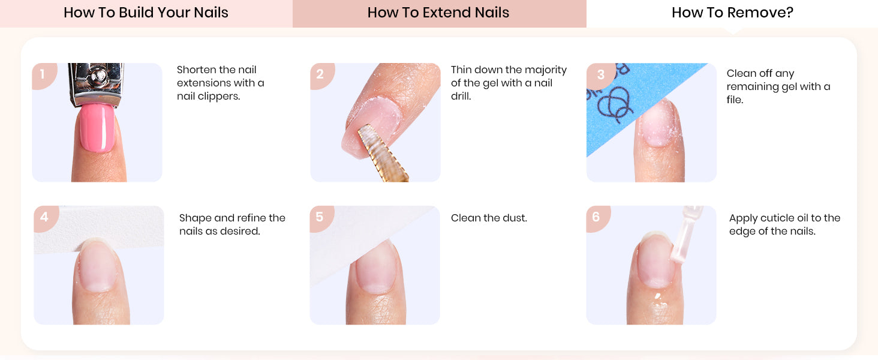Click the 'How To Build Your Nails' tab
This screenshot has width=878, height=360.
(x=146, y=13)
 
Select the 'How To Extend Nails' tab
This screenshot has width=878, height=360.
(x=439, y=13)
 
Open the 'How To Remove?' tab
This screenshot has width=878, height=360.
(x=732, y=13)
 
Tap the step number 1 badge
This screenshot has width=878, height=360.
(x=43, y=75)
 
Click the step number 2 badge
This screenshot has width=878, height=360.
(x=321, y=75)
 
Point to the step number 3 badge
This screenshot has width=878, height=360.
(x=600, y=75)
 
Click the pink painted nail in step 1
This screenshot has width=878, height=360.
(x=97, y=127)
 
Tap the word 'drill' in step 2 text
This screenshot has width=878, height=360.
(x=461, y=97)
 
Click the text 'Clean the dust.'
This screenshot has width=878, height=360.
(x=489, y=218)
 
